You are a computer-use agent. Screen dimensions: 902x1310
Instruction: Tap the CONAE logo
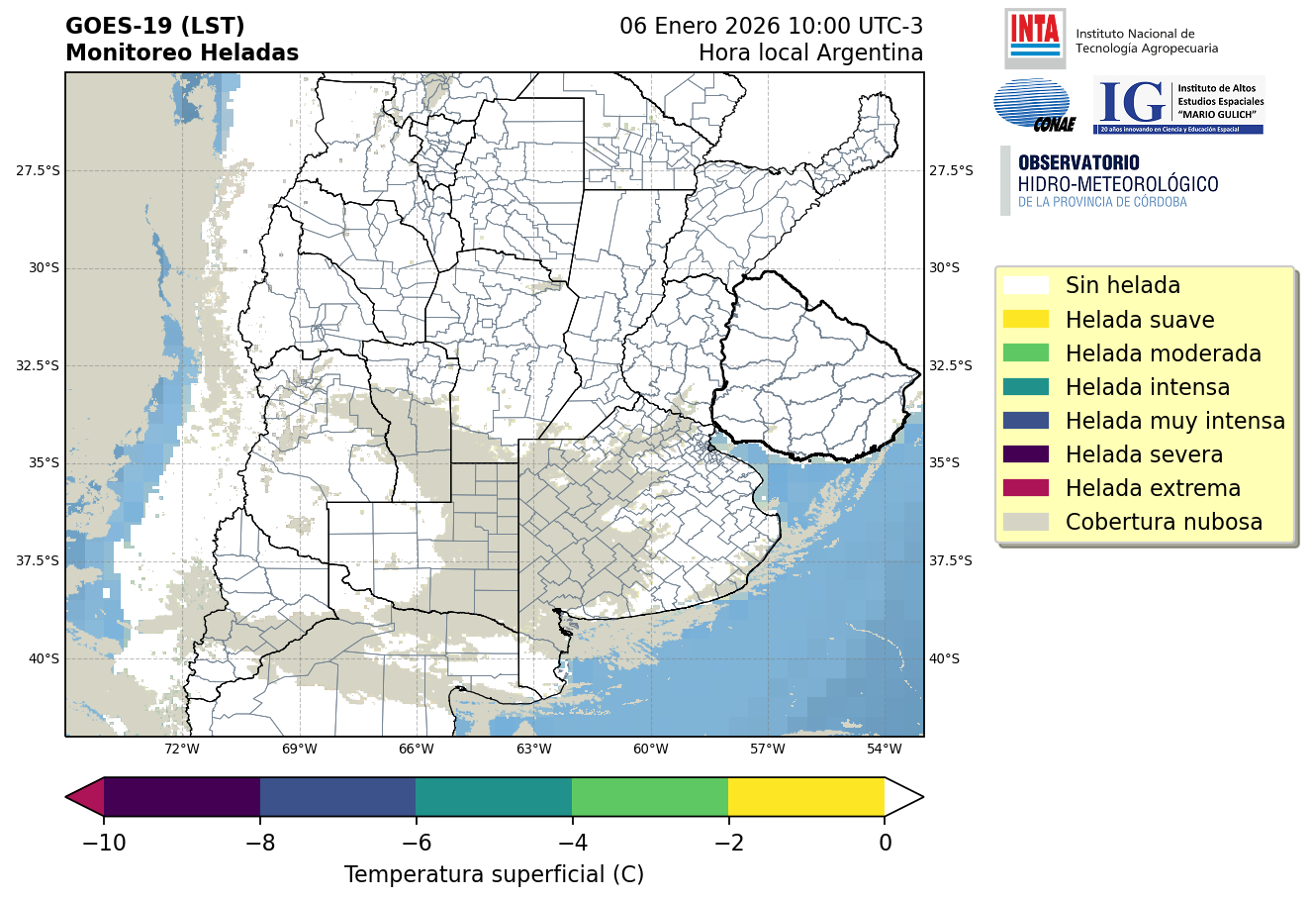click(x=1034, y=105)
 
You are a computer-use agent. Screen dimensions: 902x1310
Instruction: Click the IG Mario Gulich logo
click(x=1178, y=105)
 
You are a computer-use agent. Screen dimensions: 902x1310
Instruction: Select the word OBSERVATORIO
click(x=1078, y=163)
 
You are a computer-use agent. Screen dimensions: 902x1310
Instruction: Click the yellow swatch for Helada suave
click(x=1025, y=320)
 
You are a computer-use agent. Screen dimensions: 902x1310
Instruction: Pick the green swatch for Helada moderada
click(x=1025, y=353)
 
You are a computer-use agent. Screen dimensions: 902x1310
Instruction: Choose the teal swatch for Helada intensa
click(x=1025, y=387)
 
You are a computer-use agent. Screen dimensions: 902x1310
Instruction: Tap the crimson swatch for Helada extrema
click(x=1025, y=488)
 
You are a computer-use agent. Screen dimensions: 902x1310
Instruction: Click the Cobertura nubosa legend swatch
click(x=1025, y=522)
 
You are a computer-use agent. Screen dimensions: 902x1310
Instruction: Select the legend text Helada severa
click(x=1144, y=454)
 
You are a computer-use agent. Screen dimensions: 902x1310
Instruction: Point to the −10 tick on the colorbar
click(x=103, y=843)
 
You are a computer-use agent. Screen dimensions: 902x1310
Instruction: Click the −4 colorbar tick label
click(x=572, y=843)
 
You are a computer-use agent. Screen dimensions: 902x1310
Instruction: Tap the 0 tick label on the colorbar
click(x=885, y=843)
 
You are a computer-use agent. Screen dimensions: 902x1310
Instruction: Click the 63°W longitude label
click(x=533, y=750)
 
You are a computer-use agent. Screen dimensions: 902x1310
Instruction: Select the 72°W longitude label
click(x=182, y=750)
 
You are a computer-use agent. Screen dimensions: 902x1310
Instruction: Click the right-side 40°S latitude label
click(x=944, y=658)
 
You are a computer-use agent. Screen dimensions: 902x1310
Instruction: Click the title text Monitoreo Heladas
click(x=182, y=53)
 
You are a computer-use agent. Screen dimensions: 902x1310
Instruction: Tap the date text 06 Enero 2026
click(x=700, y=26)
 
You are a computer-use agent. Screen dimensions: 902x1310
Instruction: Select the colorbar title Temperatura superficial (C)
click(x=494, y=874)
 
